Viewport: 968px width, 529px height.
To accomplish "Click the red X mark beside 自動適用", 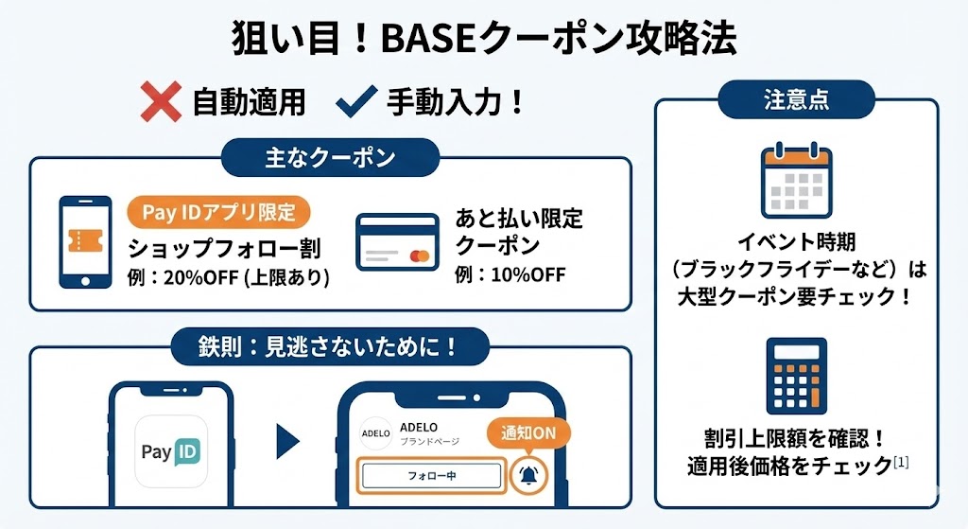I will click(x=161, y=102).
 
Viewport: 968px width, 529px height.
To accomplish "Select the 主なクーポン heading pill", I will click(x=329, y=157).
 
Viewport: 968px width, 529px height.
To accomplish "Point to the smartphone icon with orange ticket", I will click(x=88, y=241).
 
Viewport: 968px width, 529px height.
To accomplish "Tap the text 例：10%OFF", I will click(x=510, y=275).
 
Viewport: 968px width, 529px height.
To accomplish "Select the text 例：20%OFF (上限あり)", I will click(x=228, y=278).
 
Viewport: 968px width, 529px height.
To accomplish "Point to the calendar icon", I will click(x=796, y=180).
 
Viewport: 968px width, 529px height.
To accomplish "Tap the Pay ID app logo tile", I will click(x=171, y=451).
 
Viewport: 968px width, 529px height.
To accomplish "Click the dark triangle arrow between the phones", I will click(x=287, y=441).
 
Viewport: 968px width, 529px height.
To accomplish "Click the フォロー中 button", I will click(x=431, y=475).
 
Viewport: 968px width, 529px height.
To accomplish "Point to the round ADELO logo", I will click(x=375, y=433).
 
